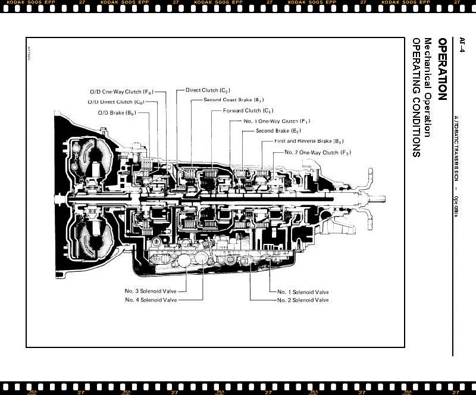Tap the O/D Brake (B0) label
(x=118, y=112)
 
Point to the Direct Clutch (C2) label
(x=208, y=90)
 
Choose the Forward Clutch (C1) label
(x=248, y=111)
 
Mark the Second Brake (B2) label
(x=278, y=131)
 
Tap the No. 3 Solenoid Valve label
(x=151, y=291)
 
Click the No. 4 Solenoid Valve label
(x=151, y=300)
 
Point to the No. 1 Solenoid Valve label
(x=303, y=292)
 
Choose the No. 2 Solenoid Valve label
(x=303, y=300)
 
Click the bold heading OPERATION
(x=442, y=69)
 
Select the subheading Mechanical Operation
(x=428, y=87)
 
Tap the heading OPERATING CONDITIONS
(x=416, y=98)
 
